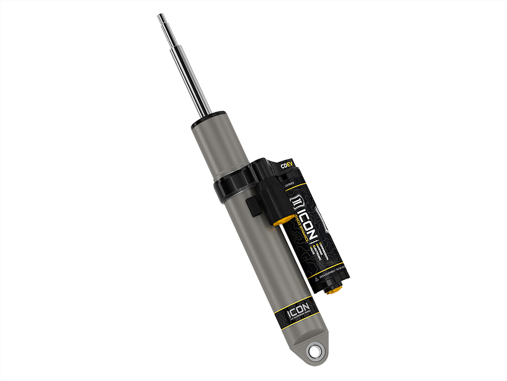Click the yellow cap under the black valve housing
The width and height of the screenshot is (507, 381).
pos(285,219)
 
